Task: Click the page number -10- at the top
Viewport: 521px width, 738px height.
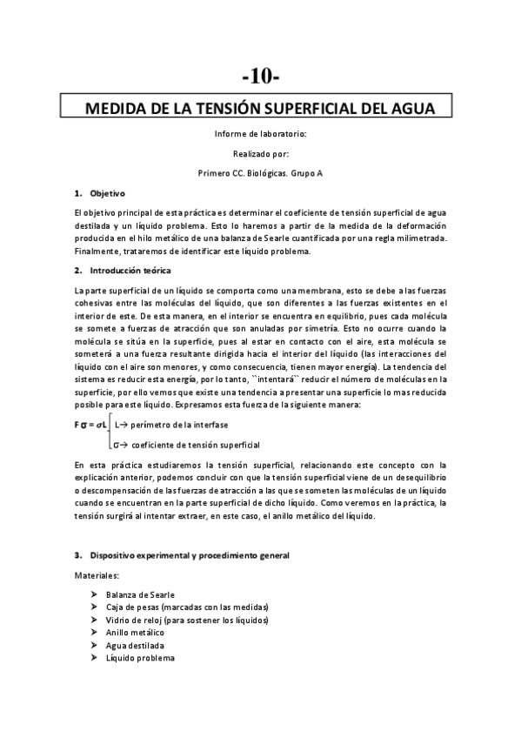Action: point(260,76)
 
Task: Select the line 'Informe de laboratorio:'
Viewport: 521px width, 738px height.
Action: point(260,134)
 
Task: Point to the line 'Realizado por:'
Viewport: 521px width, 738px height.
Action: point(260,153)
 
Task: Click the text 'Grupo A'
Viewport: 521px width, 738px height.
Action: point(308,172)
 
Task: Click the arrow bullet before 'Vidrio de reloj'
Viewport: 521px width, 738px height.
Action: point(94,620)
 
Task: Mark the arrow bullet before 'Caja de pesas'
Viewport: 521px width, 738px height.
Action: point(94,607)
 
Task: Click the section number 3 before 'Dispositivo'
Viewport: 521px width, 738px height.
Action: point(77,555)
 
